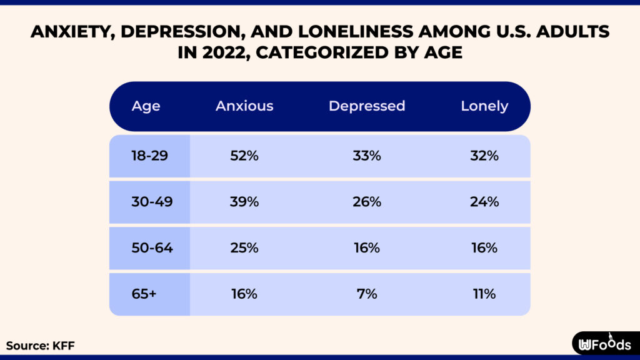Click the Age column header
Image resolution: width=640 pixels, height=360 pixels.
[x=146, y=106]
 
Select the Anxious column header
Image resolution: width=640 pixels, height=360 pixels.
[x=244, y=106]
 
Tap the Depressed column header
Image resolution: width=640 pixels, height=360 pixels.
[x=367, y=106]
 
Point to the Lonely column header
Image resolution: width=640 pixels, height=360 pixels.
[x=484, y=106]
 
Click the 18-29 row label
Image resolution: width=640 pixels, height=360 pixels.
[x=149, y=156]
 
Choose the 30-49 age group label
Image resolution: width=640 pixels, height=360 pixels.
[x=149, y=202]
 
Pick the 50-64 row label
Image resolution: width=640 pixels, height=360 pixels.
[x=149, y=248]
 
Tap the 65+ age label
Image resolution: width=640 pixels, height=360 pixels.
[x=144, y=294]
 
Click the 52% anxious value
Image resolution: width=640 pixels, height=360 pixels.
[x=244, y=156]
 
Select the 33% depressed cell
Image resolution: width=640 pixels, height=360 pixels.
[x=366, y=156]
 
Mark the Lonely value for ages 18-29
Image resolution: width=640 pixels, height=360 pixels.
[x=484, y=156]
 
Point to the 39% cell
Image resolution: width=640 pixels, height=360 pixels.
[x=244, y=202]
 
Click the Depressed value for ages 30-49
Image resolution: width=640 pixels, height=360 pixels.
[x=366, y=202]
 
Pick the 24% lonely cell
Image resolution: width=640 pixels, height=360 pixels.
[x=484, y=202]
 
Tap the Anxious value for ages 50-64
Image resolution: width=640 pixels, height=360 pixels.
[x=244, y=248]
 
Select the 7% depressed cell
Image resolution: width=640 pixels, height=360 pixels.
[x=366, y=294]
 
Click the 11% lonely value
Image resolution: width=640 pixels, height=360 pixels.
[x=484, y=294]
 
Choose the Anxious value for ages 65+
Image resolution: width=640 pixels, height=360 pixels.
[x=244, y=294]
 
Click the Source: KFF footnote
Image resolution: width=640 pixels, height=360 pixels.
[x=41, y=345]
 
